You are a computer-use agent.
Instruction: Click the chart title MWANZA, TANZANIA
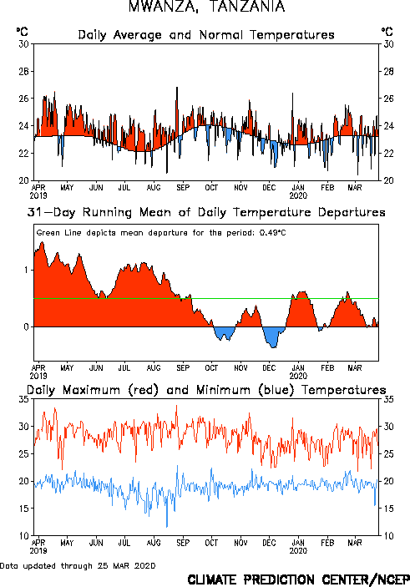[206, 7]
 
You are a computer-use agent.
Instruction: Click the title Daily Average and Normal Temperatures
[206, 35]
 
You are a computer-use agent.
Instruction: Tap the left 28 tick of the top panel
[23, 71]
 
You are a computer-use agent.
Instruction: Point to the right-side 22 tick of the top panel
[388, 153]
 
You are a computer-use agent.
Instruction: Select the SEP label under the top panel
[183, 187]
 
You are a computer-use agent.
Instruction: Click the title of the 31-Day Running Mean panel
[206, 212]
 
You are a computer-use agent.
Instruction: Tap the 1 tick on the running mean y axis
[26, 270]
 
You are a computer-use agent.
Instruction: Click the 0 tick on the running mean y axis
[26, 326]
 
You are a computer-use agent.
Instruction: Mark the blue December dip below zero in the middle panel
[273, 337]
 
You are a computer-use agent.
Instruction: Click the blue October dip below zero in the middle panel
[224, 333]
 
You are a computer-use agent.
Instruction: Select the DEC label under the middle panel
[269, 368]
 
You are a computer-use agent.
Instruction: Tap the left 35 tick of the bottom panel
[23, 399]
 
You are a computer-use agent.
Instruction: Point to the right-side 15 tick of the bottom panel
[388, 509]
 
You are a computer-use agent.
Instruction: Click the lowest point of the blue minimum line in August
[167, 526]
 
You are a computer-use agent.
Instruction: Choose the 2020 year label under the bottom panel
[298, 551]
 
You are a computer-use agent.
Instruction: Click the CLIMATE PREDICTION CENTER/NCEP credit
[298, 579]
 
